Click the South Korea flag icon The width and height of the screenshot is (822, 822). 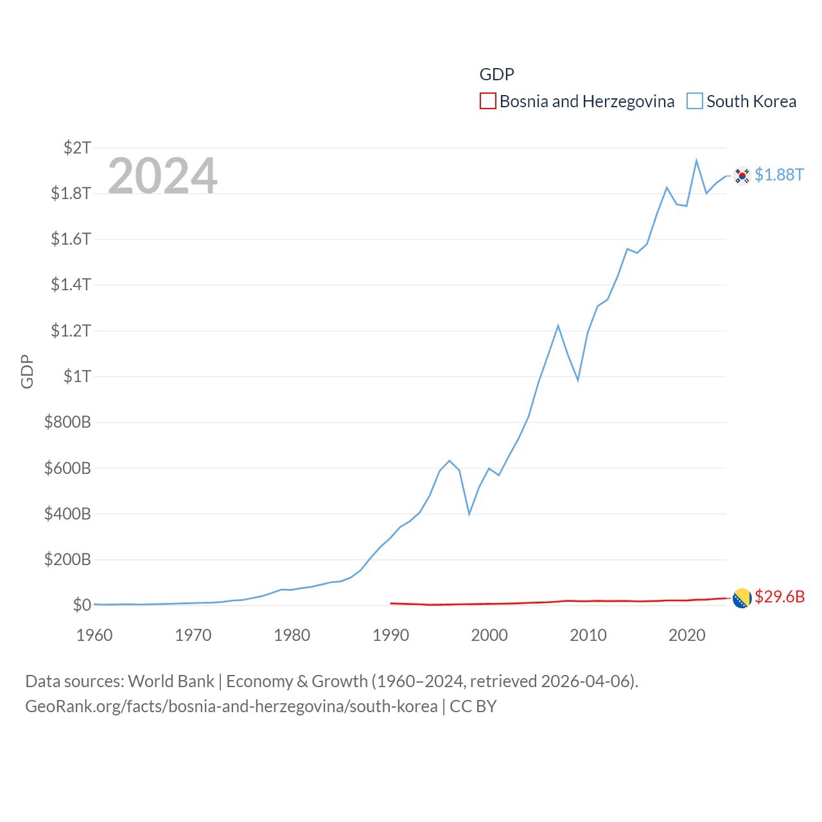coord(742,175)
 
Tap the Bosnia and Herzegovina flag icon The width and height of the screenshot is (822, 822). coord(742,598)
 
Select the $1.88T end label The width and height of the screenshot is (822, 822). coord(779,175)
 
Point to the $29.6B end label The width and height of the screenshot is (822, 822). coord(780,597)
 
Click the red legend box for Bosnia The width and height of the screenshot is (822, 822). coord(488,101)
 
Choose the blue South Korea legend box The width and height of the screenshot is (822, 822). coord(695,101)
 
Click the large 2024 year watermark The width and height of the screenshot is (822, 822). coord(162,175)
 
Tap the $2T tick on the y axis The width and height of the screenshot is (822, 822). coord(77,148)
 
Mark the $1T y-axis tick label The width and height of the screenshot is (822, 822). coord(77,376)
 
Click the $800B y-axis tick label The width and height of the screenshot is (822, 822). coord(67,422)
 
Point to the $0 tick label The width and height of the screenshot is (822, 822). coord(82,605)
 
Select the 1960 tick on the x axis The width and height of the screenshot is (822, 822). coord(94,635)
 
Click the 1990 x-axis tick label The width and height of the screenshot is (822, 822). coord(390,635)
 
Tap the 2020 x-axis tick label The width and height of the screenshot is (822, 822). coord(686,635)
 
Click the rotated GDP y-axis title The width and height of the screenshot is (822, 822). coord(27,371)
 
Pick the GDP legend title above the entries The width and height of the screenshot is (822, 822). coord(496,74)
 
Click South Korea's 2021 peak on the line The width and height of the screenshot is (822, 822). coord(696,161)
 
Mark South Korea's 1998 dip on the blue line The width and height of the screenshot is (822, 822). coord(469,514)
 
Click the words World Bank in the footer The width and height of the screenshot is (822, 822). coord(171,681)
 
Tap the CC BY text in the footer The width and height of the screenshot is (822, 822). coord(473,706)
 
